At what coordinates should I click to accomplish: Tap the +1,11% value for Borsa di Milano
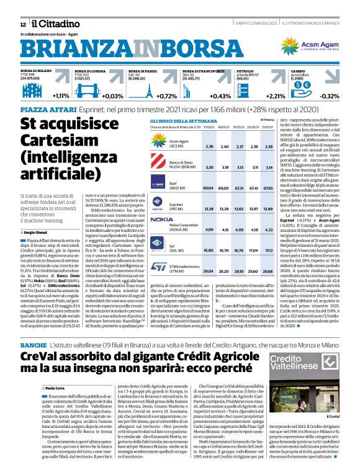coord(61,97)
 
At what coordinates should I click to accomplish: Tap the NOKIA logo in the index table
coord(161,219)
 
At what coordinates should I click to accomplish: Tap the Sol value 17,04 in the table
coord(251,250)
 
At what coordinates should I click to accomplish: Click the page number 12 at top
coord(23,24)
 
